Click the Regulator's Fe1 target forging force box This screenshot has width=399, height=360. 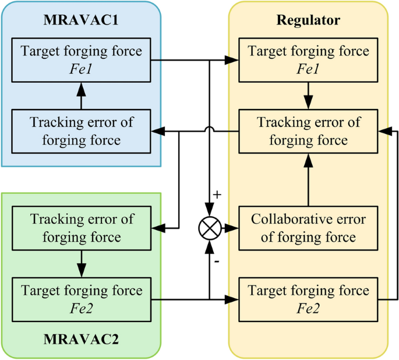[308, 59]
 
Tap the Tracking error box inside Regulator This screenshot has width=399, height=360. [308, 132]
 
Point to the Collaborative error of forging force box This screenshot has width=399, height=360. [308, 228]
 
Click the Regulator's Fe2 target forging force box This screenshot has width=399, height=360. [308, 298]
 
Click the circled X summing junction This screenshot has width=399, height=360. [209, 228]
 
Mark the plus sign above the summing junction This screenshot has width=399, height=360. [217, 195]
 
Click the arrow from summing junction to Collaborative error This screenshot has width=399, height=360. [228, 228]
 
